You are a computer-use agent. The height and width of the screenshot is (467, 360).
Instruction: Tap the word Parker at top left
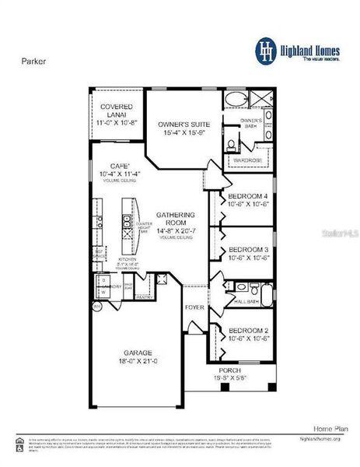[32, 58]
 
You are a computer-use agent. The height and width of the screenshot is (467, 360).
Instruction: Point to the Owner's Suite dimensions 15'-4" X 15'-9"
[183, 133]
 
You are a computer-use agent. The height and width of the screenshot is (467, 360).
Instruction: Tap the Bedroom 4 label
[249, 195]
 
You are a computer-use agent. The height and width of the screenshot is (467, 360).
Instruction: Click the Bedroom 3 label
[249, 251]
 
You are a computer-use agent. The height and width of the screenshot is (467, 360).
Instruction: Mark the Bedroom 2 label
[249, 329]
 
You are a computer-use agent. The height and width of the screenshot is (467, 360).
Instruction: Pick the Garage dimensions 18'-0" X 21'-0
[136, 362]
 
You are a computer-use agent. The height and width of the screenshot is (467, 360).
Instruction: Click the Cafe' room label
[117, 165]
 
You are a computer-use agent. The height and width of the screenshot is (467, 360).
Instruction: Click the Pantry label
[145, 297]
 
